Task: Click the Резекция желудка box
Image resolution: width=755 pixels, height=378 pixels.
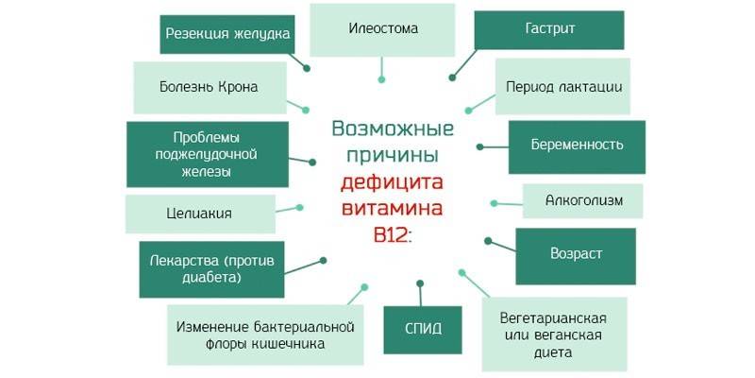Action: [x=226, y=34]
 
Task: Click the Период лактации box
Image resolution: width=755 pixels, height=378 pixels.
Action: [x=563, y=87]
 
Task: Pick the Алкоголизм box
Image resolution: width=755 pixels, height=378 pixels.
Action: [x=581, y=200]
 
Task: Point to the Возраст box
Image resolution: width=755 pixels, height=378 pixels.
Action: [x=576, y=253]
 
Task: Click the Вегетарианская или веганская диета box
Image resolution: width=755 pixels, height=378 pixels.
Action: [x=552, y=334]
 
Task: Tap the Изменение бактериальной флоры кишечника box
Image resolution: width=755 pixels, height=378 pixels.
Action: [x=264, y=335]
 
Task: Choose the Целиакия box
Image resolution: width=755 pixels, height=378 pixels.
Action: [x=201, y=213]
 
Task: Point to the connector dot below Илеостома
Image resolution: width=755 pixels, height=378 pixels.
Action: [x=381, y=79]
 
